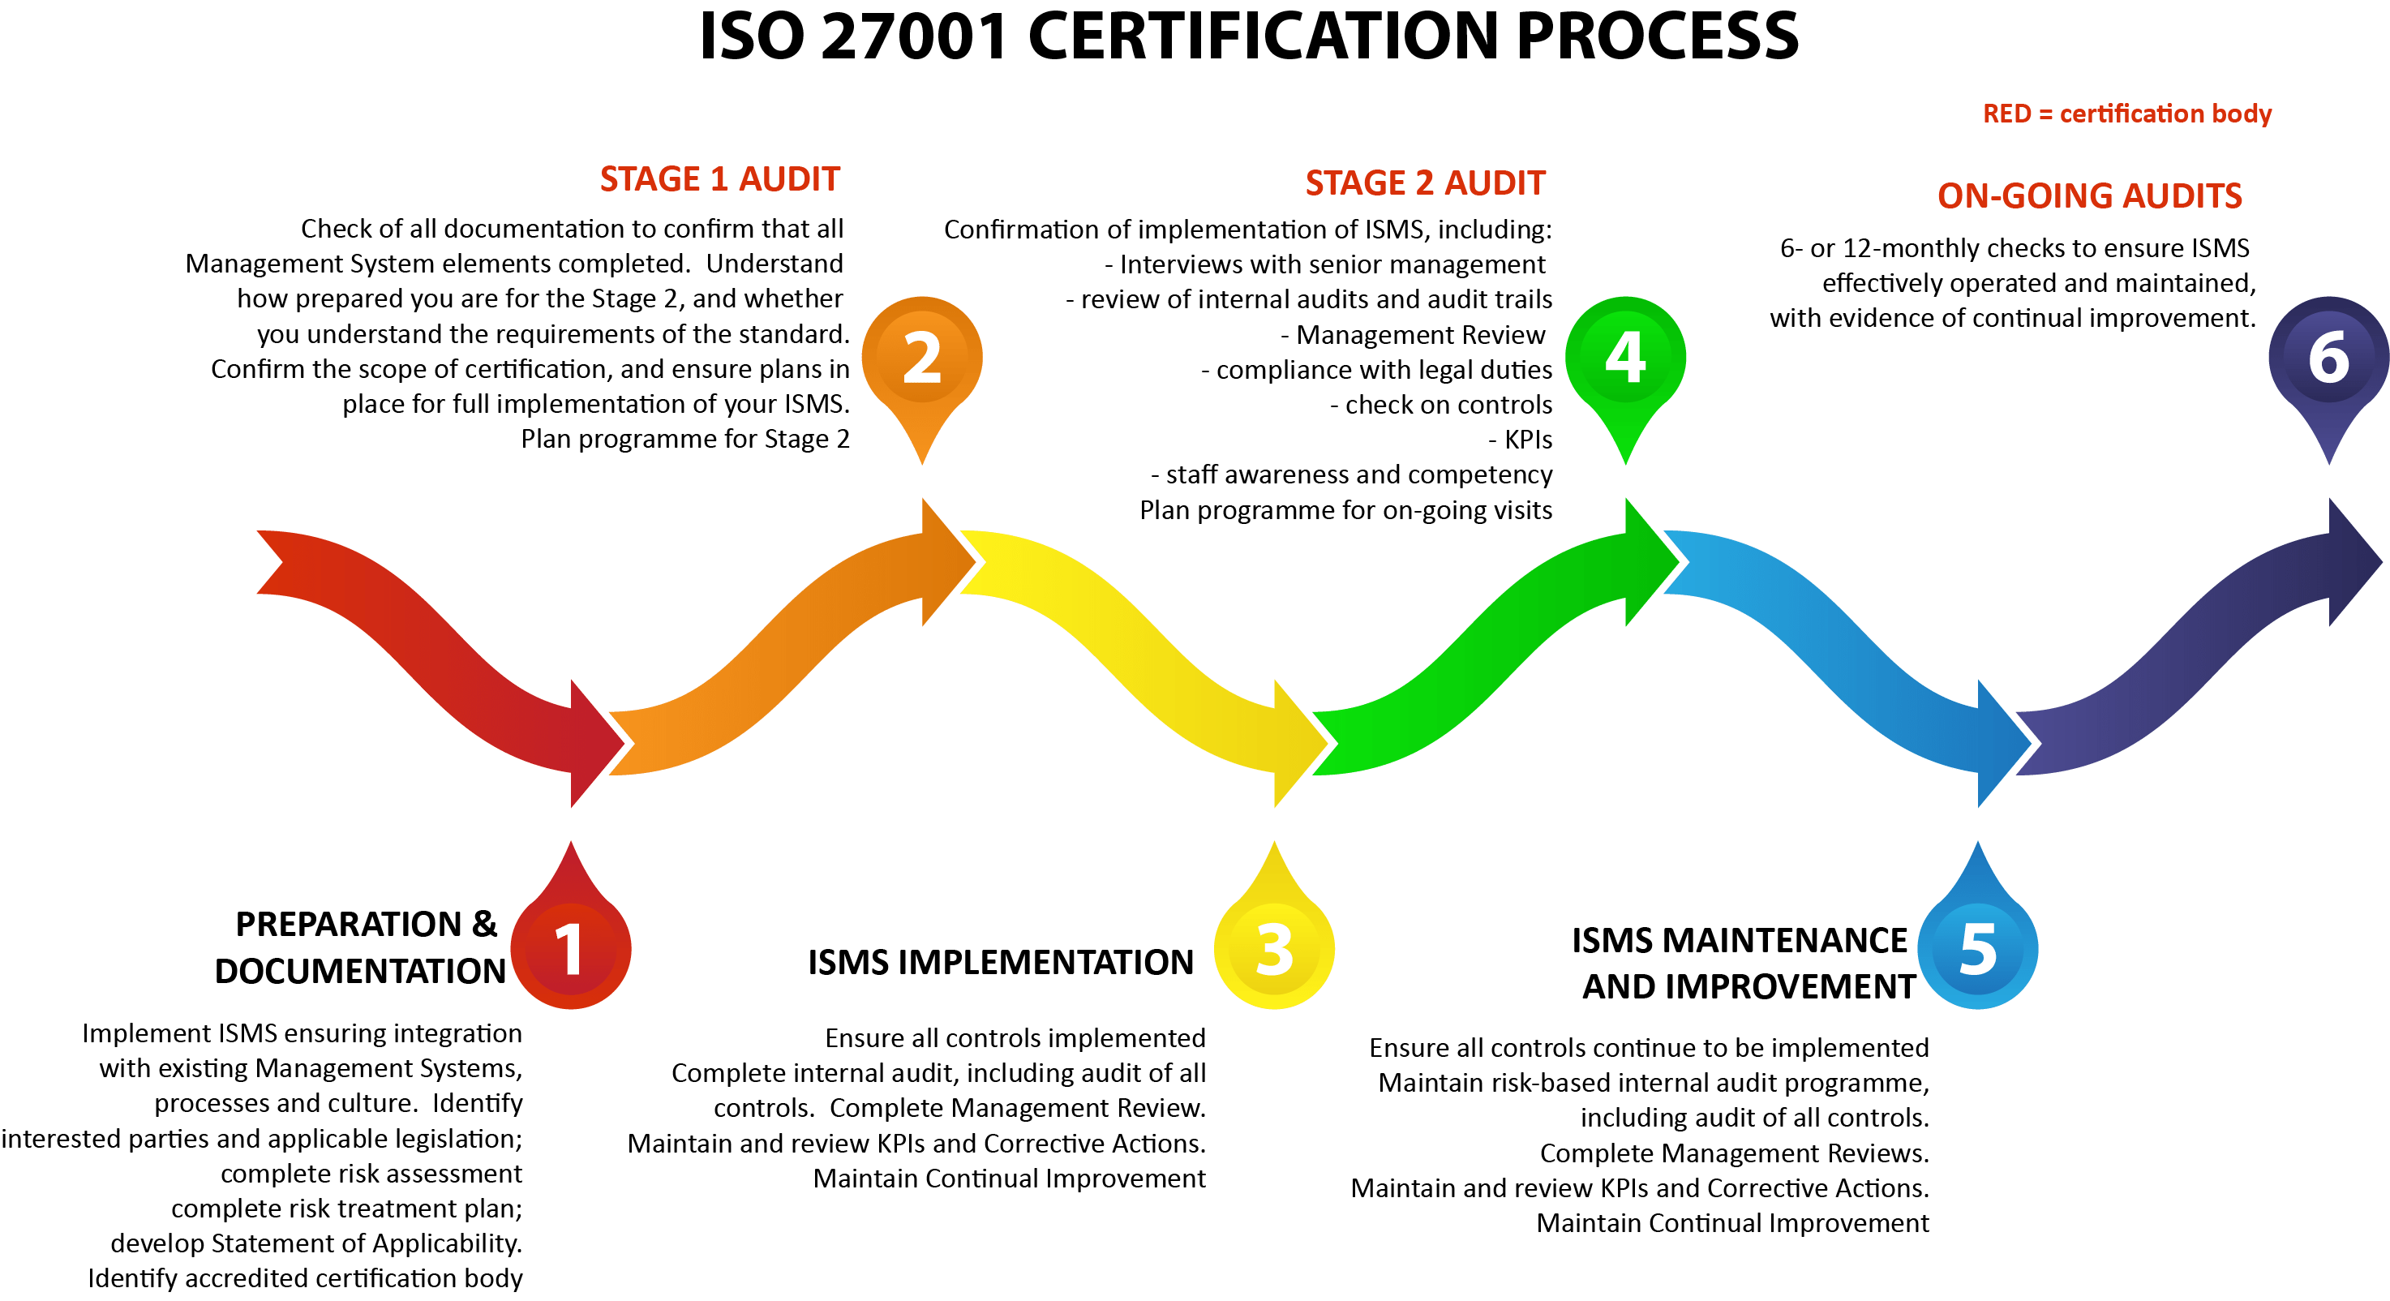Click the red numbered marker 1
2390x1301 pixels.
(569, 948)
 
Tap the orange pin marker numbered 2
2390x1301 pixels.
(921, 359)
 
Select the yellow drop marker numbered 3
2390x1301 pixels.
(1274, 948)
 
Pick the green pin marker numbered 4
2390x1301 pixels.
(1625, 359)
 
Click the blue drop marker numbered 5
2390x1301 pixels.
(1977, 948)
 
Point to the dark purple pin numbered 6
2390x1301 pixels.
(2328, 359)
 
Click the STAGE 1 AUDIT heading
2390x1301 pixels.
(720, 178)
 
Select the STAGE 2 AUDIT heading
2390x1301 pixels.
(1425, 182)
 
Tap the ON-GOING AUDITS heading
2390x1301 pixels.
(2089, 195)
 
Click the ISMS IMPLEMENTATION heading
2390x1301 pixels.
(1000, 962)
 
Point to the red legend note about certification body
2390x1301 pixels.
(2126, 114)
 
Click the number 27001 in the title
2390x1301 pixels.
(914, 37)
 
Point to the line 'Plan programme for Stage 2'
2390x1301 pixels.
(684, 439)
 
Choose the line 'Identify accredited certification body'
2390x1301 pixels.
(305, 1279)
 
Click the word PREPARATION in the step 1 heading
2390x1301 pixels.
(348, 925)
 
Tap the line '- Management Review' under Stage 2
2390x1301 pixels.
(1412, 335)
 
